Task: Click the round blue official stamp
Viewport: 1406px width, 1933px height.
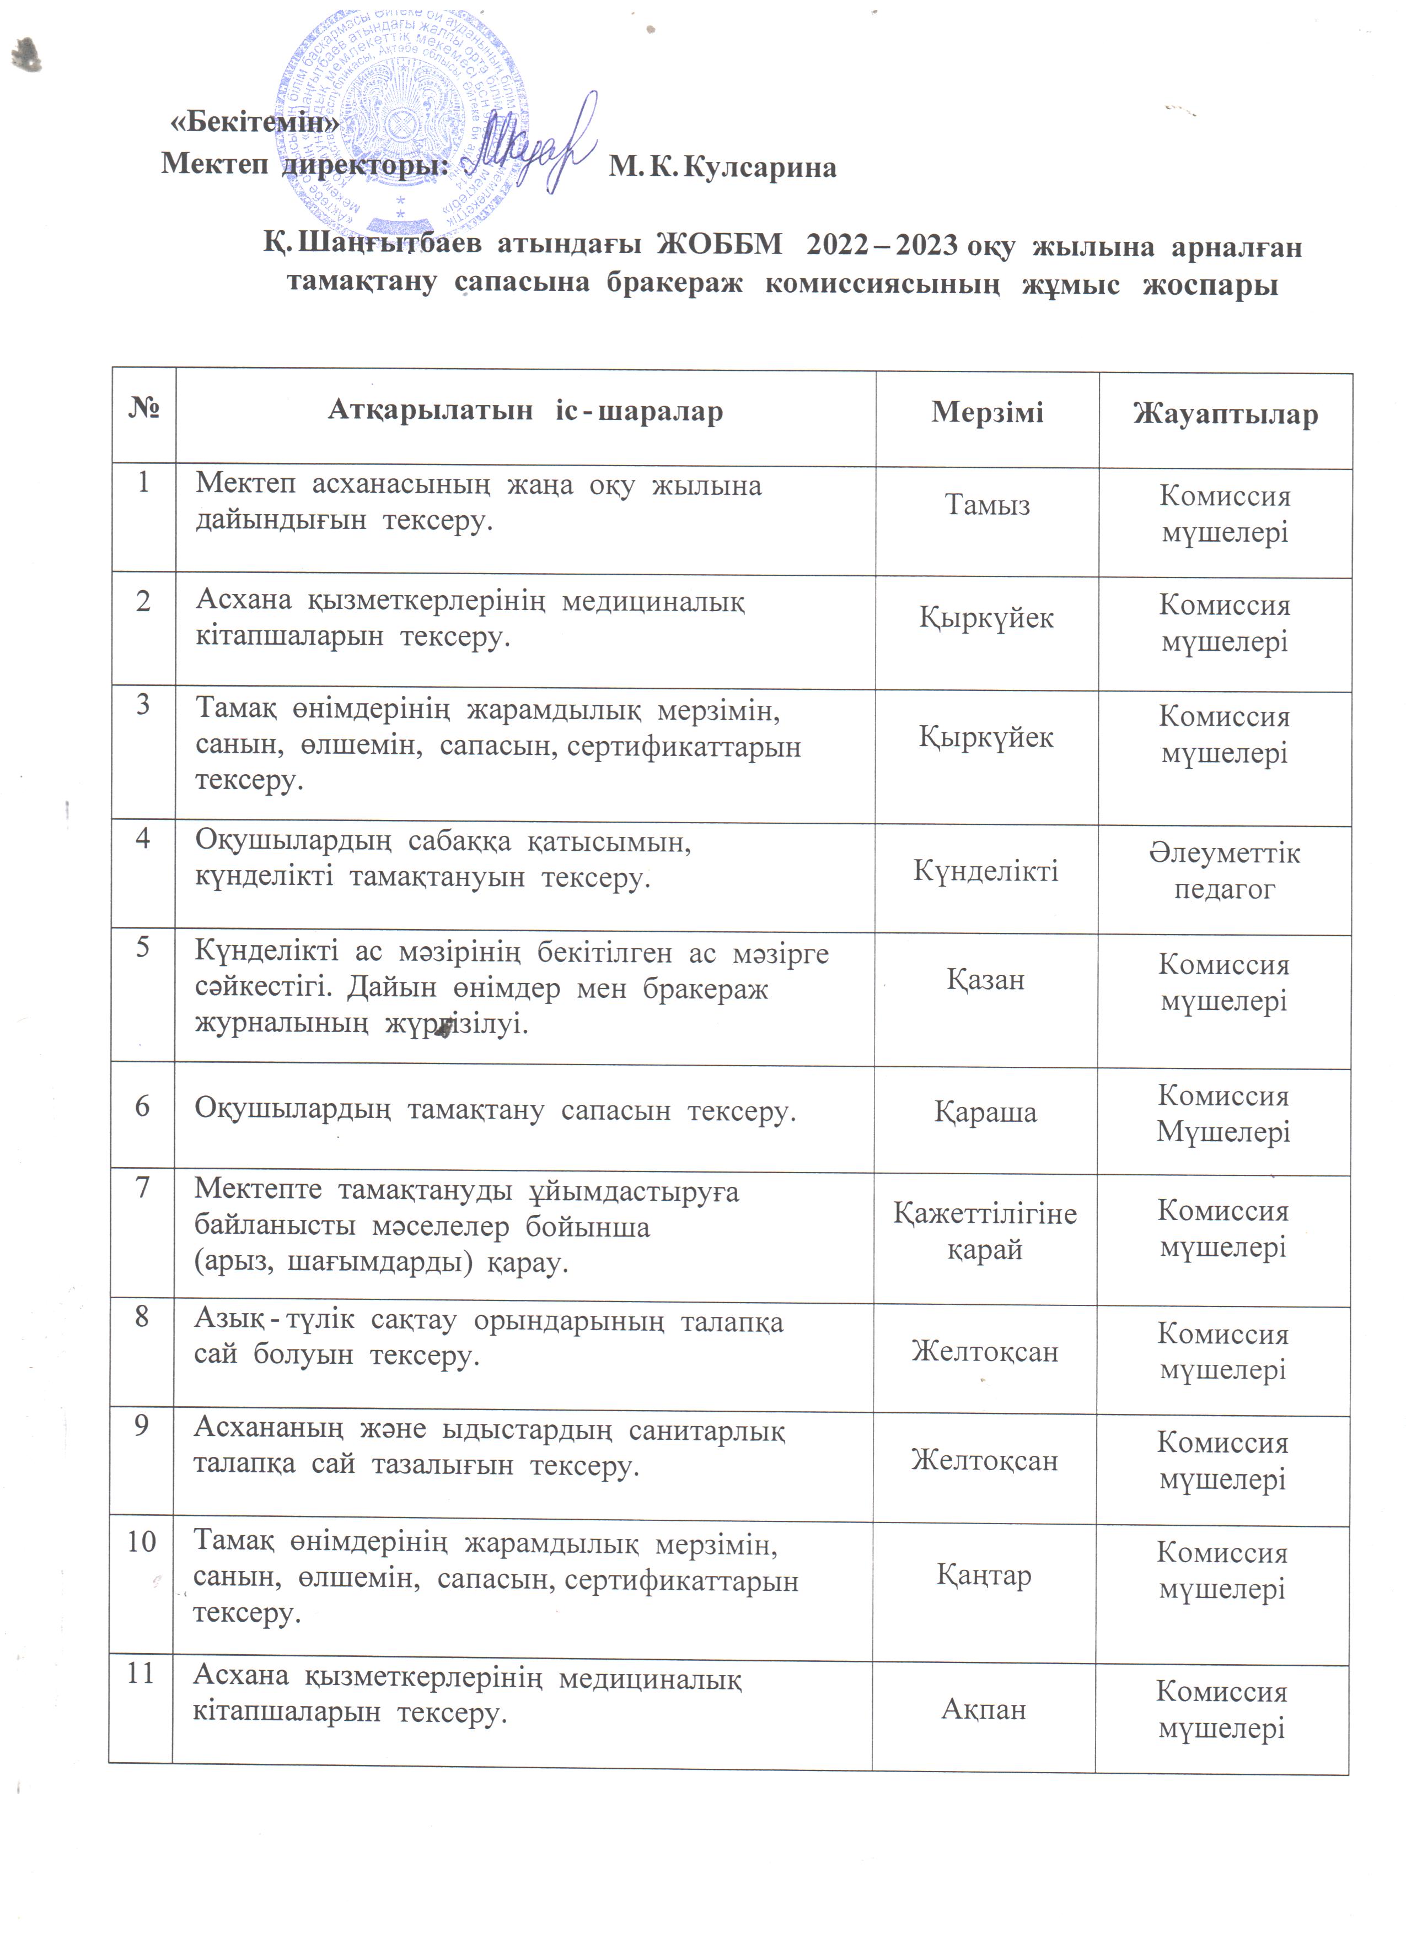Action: pyautogui.click(x=401, y=120)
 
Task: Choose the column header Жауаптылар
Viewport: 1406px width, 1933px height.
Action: pyautogui.click(x=1225, y=414)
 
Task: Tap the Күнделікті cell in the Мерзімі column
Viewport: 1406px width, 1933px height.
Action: pyautogui.click(x=986, y=870)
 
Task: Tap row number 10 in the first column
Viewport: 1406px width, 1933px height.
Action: pyautogui.click(x=142, y=1541)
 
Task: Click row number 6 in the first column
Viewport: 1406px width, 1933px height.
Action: pyautogui.click(x=142, y=1106)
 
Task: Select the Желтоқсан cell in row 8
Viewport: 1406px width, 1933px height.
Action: pyautogui.click(x=985, y=1352)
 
